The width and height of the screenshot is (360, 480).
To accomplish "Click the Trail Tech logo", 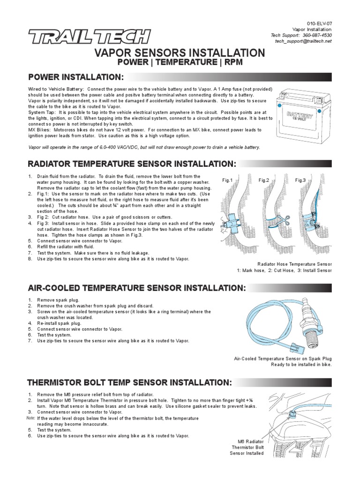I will coord(89,36).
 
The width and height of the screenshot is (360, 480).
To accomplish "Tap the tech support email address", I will coord(303,41).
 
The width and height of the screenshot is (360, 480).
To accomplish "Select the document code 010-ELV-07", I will coord(319,23).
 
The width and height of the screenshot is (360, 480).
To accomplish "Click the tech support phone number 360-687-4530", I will coord(317,35).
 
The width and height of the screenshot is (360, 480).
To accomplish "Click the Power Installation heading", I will coord(76,77).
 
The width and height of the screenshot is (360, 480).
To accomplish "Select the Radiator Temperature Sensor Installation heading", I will coord(133,164).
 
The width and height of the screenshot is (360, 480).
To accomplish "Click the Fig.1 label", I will coord(227,180).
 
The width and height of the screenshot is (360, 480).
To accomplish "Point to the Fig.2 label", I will coord(264,180).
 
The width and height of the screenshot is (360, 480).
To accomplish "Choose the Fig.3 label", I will coord(300,180).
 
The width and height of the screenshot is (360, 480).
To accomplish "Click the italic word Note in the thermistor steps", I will coord(30,418).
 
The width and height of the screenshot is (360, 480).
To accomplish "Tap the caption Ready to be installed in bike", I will coord(301,365).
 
